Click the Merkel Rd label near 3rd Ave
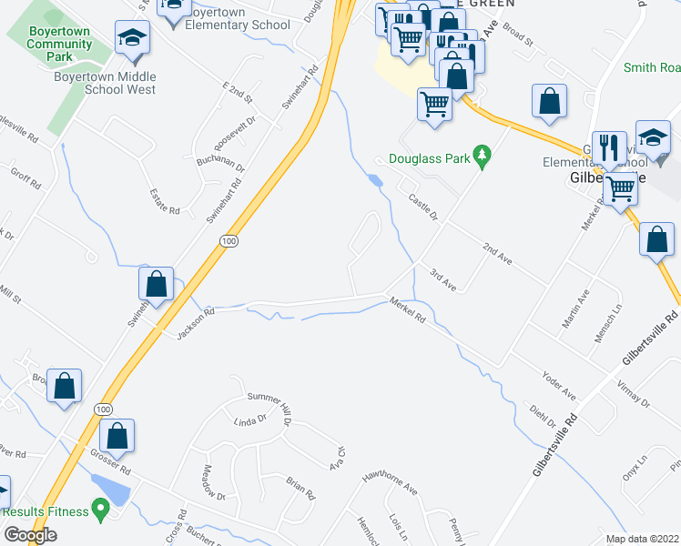[407, 310]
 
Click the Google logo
[30, 535]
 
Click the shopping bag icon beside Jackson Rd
[157, 284]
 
